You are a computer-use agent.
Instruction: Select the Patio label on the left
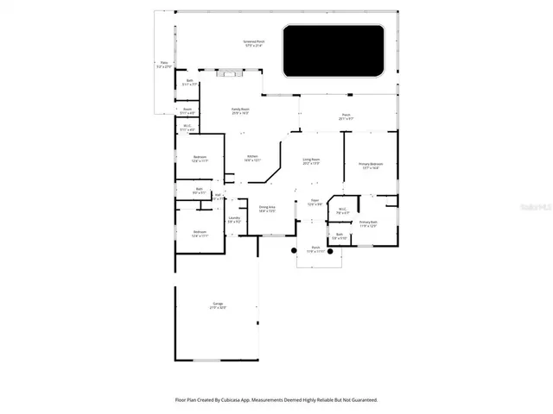pos(163,64)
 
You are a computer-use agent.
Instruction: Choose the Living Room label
pos(312,161)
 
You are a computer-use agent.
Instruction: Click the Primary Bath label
pos(369,223)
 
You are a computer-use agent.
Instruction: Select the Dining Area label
pos(267,209)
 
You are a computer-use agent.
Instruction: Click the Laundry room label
pos(234,219)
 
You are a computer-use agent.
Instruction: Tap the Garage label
pos(218,304)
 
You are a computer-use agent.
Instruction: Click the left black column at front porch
pos(294,251)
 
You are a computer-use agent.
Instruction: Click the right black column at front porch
pos(330,251)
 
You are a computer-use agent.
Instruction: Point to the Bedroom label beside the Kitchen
pos(200,158)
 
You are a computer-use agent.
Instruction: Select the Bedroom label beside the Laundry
pos(200,233)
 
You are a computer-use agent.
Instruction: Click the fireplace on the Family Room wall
pos(230,73)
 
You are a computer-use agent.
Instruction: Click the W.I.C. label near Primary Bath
pos(342,210)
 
